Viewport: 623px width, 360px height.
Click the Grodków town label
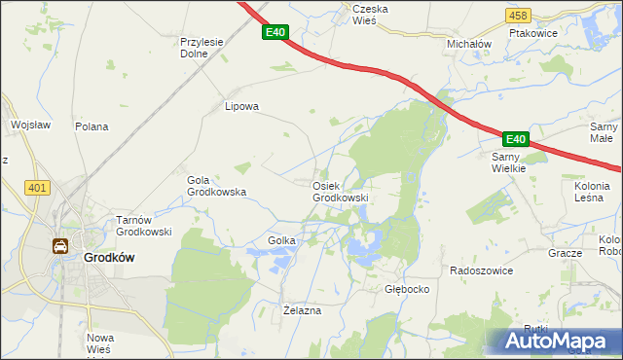[x=108, y=258]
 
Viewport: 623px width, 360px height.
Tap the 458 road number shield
[x=519, y=16]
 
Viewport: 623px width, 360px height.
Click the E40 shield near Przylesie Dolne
[x=275, y=32]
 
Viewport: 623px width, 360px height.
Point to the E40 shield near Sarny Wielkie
[x=516, y=139]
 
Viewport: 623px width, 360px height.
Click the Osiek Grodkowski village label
[x=340, y=192]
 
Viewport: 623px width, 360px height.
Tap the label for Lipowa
[x=242, y=107]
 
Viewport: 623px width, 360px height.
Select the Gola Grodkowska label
[x=215, y=186]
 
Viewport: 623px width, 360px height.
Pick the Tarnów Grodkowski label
[x=144, y=226]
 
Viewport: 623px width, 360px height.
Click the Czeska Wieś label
[x=370, y=15]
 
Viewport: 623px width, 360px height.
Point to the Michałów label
[x=468, y=45]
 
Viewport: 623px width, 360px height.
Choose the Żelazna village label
[x=302, y=309]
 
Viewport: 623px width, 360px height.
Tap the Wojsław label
[x=29, y=125]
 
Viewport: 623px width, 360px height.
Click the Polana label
[x=92, y=127]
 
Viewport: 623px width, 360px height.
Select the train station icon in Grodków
[x=60, y=246]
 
